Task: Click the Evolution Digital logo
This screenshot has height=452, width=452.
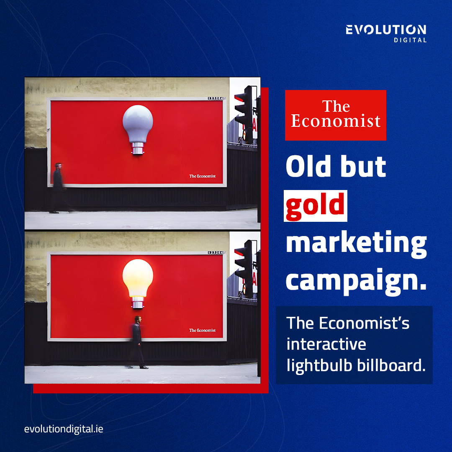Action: pyautogui.click(x=386, y=33)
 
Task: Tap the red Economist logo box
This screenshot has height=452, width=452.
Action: pyautogui.click(x=336, y=115)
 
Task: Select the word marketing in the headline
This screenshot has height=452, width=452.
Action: pyautogui.click(x=356, y=245)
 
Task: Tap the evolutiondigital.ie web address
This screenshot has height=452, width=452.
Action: pyautogui.click(x=64, y=429)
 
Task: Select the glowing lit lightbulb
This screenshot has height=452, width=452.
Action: pyautogui.click(x=138, y=276)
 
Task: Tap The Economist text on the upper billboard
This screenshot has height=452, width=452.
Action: pyautogui.click(x=202, y=176)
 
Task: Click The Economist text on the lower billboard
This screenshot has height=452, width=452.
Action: pyautogui.click(x=202, y=330)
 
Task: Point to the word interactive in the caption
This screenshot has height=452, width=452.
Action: pyautogui.click(x=326, y=344)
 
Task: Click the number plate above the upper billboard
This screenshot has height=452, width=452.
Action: pyautogui.click(x=216, y=98)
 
